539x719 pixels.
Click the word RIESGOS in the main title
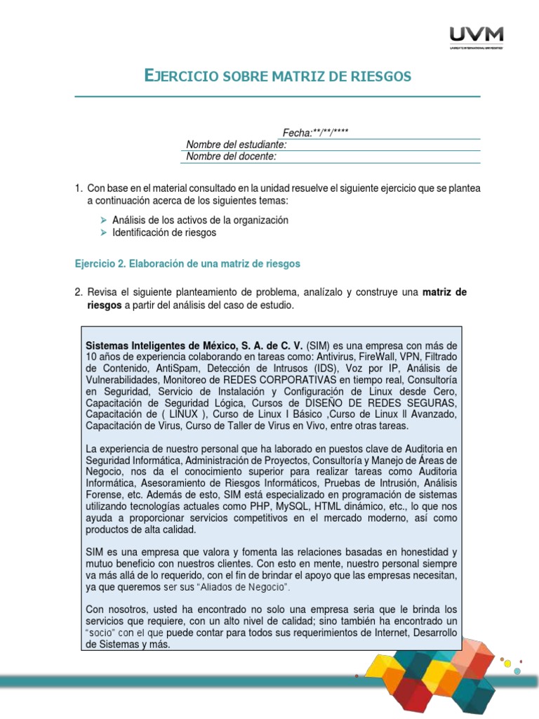[376, 75]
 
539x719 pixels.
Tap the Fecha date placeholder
[315, 133]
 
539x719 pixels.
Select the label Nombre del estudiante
[236, 145]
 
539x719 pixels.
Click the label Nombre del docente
[231, 157]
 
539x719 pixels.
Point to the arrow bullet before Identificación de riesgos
[105, 232]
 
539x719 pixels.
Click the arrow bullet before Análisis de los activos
[105, 220]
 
